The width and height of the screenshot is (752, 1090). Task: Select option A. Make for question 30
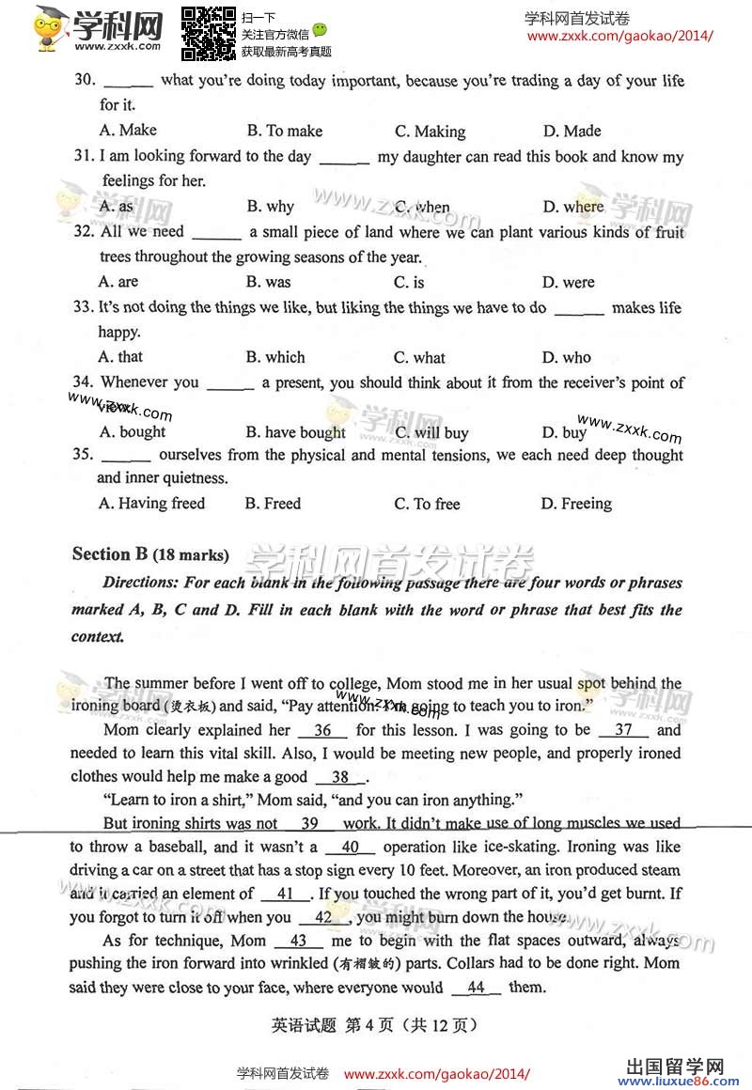[128, 131]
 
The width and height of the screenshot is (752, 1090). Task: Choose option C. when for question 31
[422, 207]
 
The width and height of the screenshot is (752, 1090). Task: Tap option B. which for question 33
[275, 357]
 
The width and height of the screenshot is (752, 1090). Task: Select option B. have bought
[295, 432]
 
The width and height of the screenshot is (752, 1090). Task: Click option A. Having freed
[151, 504]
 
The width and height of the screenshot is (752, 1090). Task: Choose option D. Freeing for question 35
[575, 504]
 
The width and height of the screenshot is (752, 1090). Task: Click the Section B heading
[150, 554]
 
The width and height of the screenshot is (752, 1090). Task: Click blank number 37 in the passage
[623, 730]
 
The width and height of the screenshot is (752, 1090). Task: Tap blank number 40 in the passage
[352, 848]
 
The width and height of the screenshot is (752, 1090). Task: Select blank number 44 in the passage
[476, 988]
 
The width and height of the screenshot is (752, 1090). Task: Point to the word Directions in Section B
[140, 583]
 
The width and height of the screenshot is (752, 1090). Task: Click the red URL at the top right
[619, 37]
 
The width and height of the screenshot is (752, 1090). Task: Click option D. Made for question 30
[572, 131]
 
